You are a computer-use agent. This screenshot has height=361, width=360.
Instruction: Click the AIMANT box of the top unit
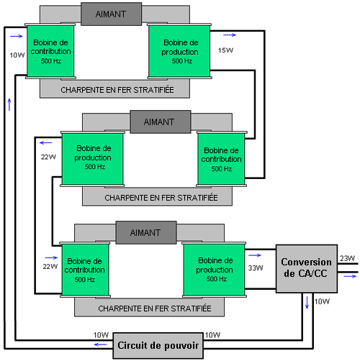click(x=111, y=14)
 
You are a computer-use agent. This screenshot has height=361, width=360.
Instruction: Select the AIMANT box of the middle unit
click(x=161, y=122)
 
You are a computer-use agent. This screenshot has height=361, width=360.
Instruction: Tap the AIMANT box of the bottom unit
click(x=146, y=232)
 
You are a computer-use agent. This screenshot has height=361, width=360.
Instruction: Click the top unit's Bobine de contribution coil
click(x=50, y=51)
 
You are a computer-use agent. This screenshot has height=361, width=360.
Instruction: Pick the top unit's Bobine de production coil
click(x=179, y=51)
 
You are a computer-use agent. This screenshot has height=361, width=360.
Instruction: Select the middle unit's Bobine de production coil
click(x=93, y=159)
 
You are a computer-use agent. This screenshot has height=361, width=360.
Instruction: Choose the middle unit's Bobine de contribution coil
click(x=221, y=159)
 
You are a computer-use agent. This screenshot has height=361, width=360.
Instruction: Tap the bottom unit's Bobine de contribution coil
click(x=86, y=270)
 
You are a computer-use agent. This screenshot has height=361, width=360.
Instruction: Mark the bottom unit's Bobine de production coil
click(x=214, y=270)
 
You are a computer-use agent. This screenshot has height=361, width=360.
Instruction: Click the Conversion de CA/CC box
click(x=307, y=268)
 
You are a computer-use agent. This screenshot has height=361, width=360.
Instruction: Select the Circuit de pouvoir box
click(x=158, y=345)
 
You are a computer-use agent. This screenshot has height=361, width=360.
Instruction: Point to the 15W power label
click(x=225, y=50)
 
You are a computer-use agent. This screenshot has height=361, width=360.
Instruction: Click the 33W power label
click(x=256, y=268)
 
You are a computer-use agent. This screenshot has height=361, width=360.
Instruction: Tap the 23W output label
click(x=347, y=258)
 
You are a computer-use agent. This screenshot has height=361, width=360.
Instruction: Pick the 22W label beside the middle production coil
click(x=48, y=157)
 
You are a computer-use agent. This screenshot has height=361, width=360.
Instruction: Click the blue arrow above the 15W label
click(x=230, y=35)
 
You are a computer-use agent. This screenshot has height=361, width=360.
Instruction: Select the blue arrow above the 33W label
click(x=255, y=255)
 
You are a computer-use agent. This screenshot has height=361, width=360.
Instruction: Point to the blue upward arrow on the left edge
click(x=9, y=104)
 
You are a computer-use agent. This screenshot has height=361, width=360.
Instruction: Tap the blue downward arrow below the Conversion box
click(x=307, y=303)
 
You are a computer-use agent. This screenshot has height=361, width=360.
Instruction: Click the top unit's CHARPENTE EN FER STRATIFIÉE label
click(x=117, y=90)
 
